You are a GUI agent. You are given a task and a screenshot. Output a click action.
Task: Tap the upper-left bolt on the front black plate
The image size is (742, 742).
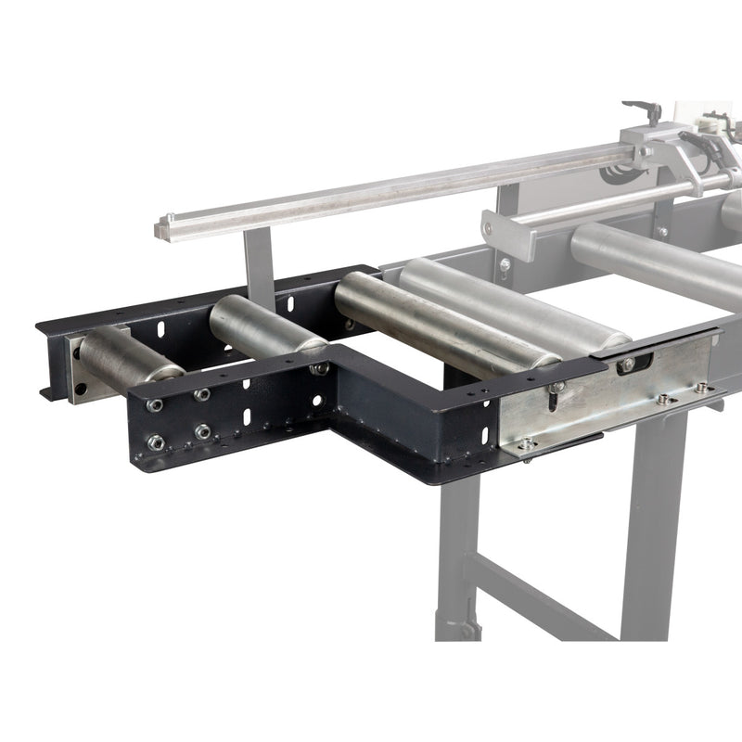(155, 405)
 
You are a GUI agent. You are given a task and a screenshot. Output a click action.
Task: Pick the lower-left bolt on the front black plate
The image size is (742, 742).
(155, 442)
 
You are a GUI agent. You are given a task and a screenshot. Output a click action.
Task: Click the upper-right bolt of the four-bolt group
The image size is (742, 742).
(202, 395)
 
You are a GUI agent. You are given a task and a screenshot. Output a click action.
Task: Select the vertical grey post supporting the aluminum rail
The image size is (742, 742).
(259, 264)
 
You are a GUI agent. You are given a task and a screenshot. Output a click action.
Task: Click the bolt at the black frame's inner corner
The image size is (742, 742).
(320, 368)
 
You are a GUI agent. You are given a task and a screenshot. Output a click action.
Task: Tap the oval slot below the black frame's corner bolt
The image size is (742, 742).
(318, 402)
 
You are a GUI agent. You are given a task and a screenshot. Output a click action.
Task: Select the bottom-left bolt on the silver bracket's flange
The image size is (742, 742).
(526, 443)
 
